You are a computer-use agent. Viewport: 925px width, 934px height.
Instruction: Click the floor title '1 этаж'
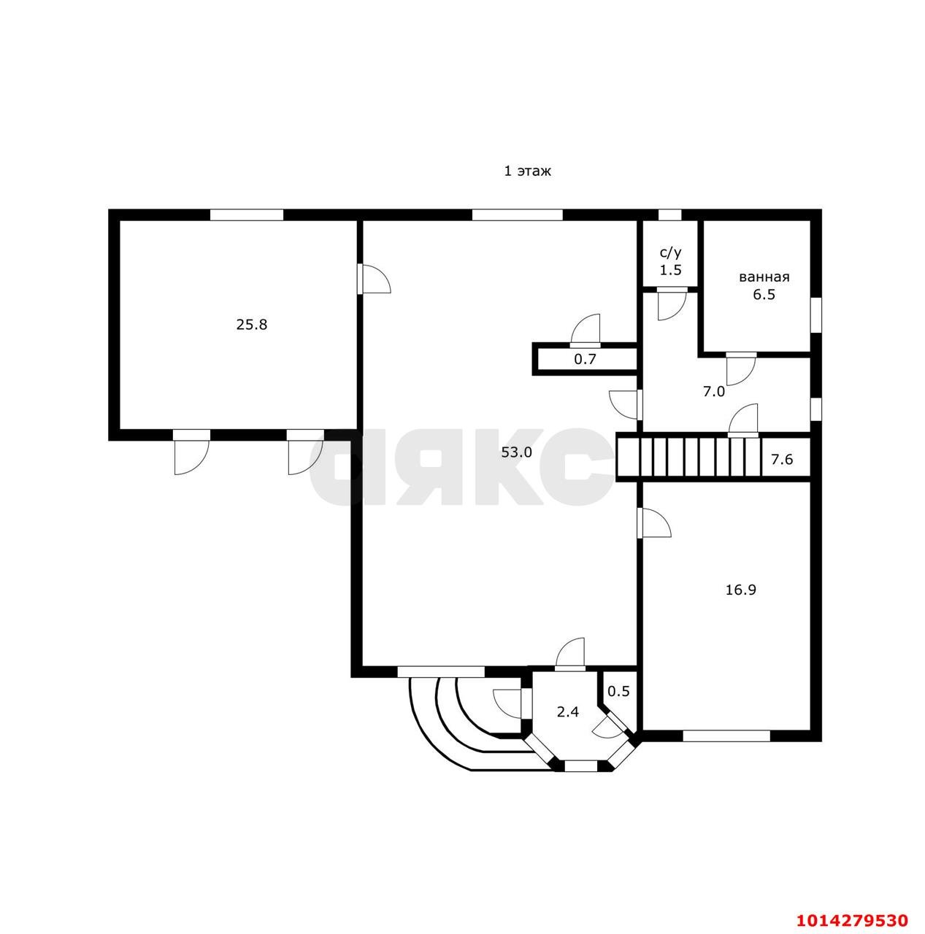point(527,171)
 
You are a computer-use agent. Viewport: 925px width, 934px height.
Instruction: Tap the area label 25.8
point(252,324)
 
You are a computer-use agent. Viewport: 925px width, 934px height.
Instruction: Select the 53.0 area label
point(517,452)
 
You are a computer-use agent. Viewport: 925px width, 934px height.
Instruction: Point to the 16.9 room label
point(741,590)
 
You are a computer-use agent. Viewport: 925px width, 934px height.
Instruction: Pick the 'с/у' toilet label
point(671,253)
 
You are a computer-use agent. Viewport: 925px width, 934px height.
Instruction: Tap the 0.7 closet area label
point(585,359)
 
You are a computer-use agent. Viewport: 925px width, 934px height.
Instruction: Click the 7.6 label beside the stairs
point(782,458)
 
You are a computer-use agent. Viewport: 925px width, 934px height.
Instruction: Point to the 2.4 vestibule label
point(568,712)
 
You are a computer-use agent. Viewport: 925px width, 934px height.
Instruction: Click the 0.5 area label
point(618,691)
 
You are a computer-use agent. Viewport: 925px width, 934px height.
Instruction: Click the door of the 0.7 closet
point(586,330)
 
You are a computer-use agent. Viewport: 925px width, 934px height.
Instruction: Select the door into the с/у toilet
point(672,304)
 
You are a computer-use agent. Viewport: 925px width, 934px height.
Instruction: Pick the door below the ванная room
point(741,368)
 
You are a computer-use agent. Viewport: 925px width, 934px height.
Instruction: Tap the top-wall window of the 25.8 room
point(247,215)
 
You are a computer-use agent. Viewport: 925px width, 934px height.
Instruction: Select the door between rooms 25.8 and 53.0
point(374,278)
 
